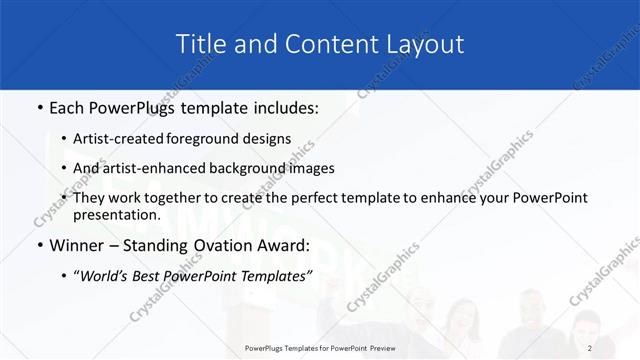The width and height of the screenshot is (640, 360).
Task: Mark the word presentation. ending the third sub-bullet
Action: click(116, 214)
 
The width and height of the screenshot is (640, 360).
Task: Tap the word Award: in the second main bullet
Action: click(286, 244)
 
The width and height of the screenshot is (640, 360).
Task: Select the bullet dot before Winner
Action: click(38, 245)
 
